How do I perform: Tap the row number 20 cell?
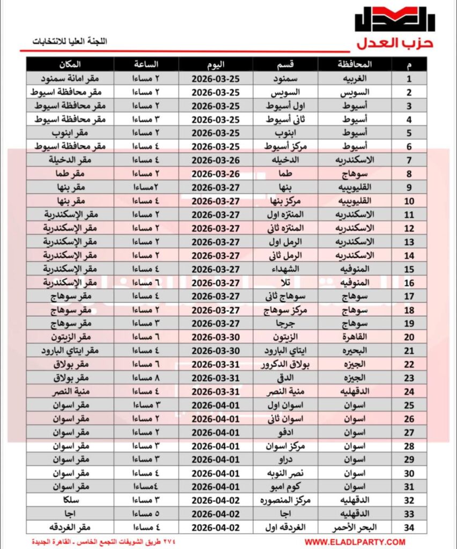click(410, 337)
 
